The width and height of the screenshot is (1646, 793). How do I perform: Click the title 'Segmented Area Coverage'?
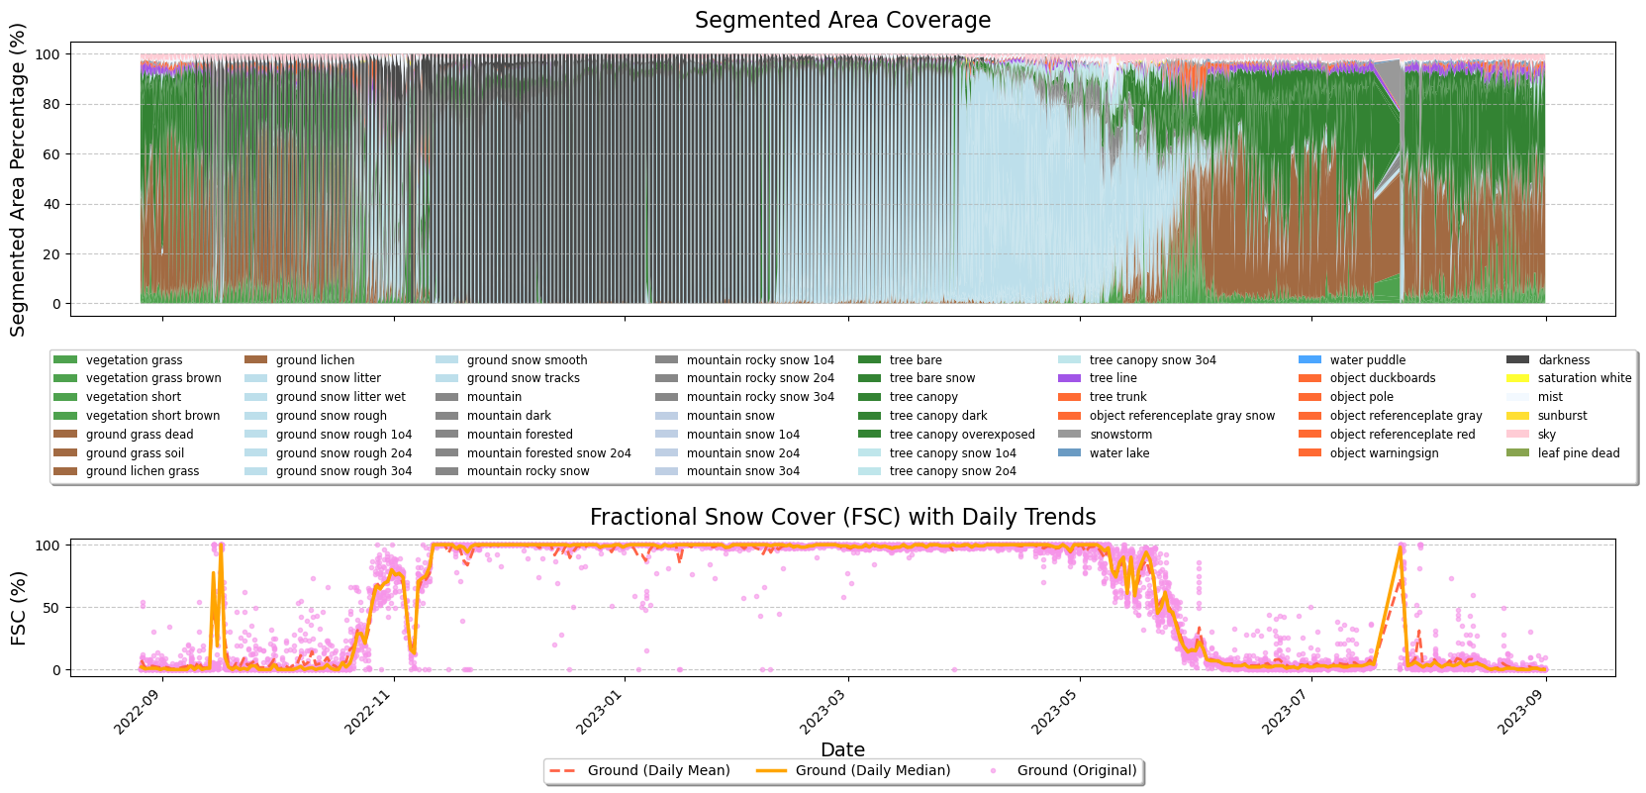842,21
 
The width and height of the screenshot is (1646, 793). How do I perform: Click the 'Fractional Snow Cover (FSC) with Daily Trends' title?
842,518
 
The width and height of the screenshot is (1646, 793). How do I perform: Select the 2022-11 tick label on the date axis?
373,712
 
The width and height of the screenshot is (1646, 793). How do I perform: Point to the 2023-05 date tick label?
1059,712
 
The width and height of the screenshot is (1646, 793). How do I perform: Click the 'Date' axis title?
842,750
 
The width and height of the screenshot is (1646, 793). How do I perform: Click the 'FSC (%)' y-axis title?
19,608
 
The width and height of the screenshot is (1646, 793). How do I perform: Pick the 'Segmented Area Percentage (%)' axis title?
19,180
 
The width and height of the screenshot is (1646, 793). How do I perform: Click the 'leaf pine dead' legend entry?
1578,453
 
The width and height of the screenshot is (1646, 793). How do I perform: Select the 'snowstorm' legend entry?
1120,435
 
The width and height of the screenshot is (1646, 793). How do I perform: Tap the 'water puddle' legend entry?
1367,360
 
